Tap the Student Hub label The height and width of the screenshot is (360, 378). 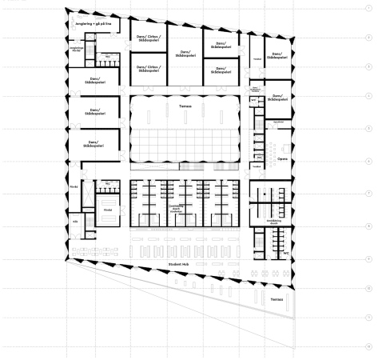click(177, 264)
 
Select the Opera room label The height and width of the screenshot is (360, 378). click(282, 158)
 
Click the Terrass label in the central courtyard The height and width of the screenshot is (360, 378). click(185, 104)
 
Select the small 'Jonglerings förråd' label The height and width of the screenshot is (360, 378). click(77, 49)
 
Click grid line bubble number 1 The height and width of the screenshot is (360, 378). click(367, 6)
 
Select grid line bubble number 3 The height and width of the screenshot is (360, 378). click(367, 68)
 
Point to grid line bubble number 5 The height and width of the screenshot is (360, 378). click(367, 130)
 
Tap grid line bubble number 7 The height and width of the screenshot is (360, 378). click(367, 194)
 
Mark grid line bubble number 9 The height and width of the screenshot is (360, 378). click(367, 257)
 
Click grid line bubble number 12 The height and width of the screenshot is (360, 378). click(367, 346)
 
